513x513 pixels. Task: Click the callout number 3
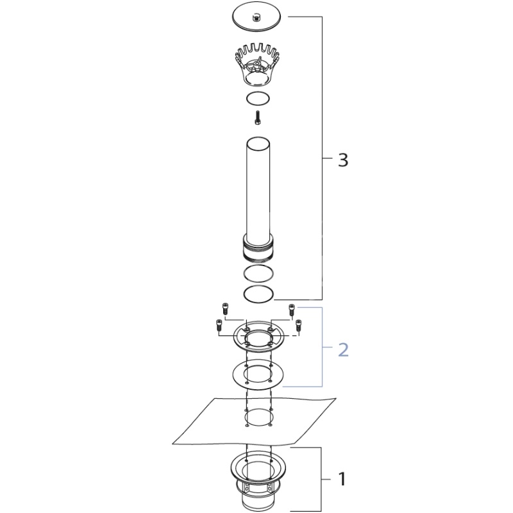[x=343, y=160]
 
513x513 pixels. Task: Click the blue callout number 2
[x=343, y=349]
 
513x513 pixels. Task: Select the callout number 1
[x=342, y=479]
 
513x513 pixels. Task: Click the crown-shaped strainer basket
[x=258, y=65]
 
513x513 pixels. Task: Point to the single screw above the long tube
[x=258, y=118]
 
